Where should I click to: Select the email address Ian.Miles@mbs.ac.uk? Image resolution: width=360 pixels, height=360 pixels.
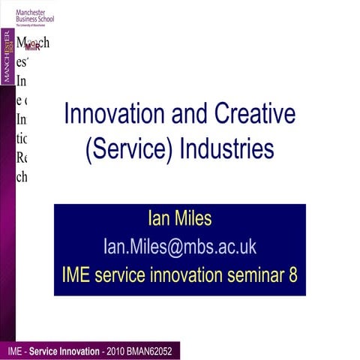click(179, 247)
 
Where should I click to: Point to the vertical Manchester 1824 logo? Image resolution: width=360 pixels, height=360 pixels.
click(7, 56)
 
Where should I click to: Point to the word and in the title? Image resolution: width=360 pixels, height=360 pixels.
click(191, 114)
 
